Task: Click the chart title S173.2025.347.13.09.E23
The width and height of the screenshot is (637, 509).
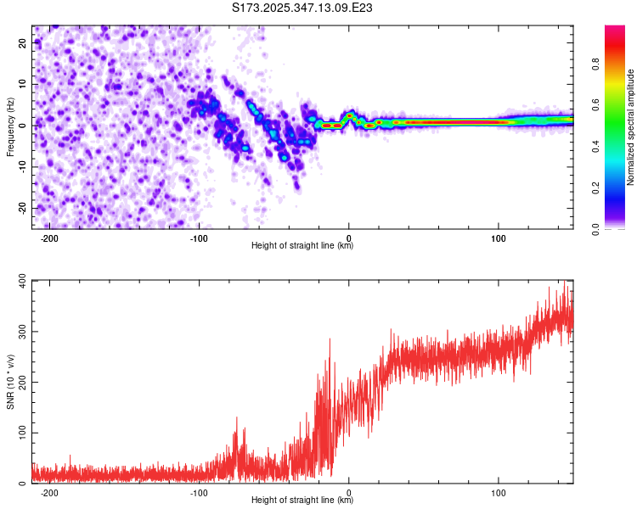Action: click(x=303, y=8)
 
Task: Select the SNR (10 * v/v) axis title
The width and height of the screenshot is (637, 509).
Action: click(x=11, y=382)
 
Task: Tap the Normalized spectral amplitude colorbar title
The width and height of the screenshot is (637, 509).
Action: click(x=630, y=127)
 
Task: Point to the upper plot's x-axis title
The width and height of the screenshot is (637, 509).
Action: click(x=302, y=245)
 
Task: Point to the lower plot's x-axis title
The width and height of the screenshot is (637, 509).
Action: click(x=302, y=500)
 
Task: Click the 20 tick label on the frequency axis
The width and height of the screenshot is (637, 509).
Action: click(x=25, y=42)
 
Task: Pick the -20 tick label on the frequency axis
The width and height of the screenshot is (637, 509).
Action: click(x=23, y=208)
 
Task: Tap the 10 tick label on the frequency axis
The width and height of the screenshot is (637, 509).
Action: click(x=25, y=84)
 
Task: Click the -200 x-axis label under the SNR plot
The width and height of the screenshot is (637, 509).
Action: click(x=49, y=492)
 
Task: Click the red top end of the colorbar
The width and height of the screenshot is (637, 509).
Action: click(x=615, y=30)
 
